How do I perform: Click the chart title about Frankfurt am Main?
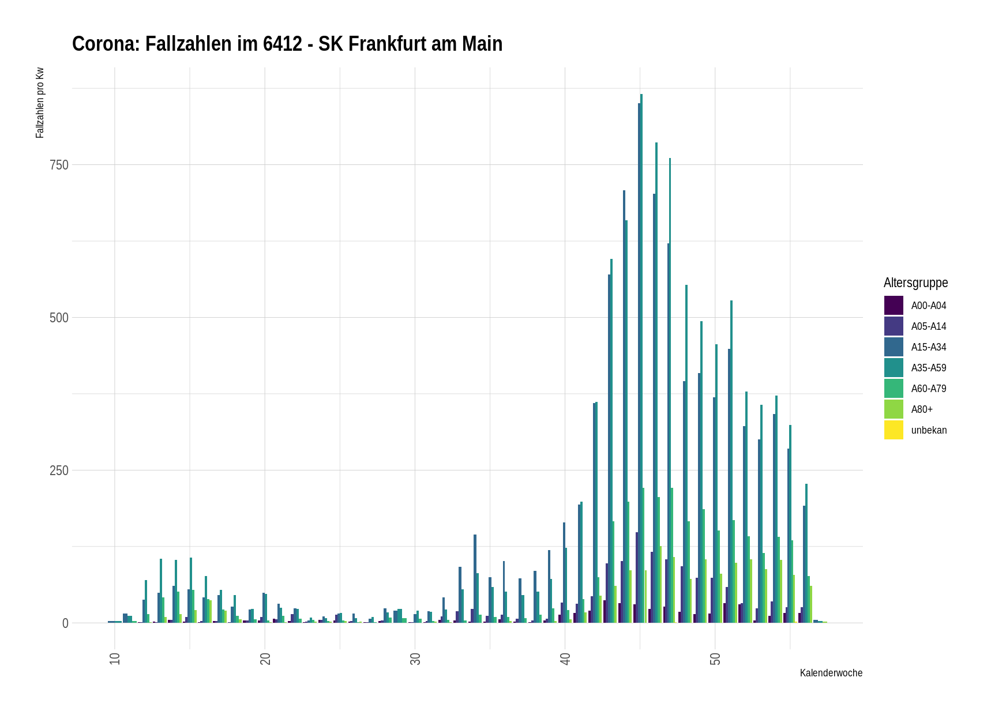pos(287,44)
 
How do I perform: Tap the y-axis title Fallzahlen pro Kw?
pos(40,103)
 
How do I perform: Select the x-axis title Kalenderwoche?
pos(831,673)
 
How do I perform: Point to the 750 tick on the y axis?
pos(59,165)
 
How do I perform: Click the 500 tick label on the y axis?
pos(59,318)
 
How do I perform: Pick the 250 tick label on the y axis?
pos(59,471)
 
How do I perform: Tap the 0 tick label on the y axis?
pos(65,623)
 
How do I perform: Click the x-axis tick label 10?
pos(115,658)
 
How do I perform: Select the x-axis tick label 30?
pos(415,658)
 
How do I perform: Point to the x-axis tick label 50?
pos(715,658)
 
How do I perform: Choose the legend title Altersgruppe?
pos(915,283)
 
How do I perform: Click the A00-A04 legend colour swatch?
pos(894,306)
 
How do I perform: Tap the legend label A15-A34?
pos(929,347)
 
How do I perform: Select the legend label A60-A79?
pos(929,389)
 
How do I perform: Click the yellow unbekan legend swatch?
pos(894,430)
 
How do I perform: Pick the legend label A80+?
pos(922,409)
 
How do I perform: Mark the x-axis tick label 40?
pos(565,658)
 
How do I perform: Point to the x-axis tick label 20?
pos(265,658)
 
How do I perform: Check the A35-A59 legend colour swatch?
pos(894,368)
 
